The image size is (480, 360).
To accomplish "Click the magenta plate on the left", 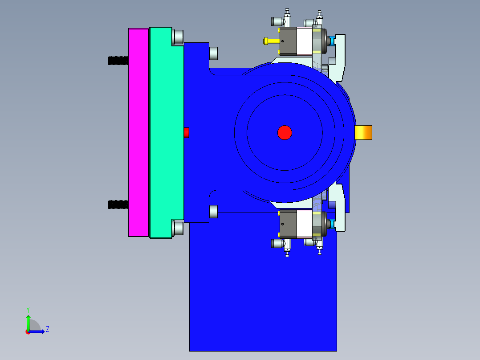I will pos(138,132).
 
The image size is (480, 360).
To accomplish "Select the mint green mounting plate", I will pos(166,132).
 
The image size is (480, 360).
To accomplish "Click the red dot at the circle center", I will pos(285,132).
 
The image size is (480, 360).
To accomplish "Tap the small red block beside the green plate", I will pos(187,132).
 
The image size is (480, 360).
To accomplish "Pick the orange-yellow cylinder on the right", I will pos(363,132).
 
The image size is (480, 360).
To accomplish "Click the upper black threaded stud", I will pos(118,60).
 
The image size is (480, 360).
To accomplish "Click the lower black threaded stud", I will pos(118,205).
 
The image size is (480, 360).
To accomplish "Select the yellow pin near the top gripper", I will pos(271,41).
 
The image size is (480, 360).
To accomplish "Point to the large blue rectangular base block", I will pos(263,290).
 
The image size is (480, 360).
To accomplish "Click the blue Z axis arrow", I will pos(38,331).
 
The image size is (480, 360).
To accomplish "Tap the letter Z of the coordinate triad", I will pos(47,330).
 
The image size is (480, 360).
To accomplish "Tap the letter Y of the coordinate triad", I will pos(28,309).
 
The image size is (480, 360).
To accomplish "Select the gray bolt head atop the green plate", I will pos(178,37).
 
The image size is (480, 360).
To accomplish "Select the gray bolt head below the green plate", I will pos(178,228).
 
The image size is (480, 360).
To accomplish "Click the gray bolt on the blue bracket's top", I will pos(214,53).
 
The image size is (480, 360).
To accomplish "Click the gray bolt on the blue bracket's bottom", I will pos(214,211).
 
